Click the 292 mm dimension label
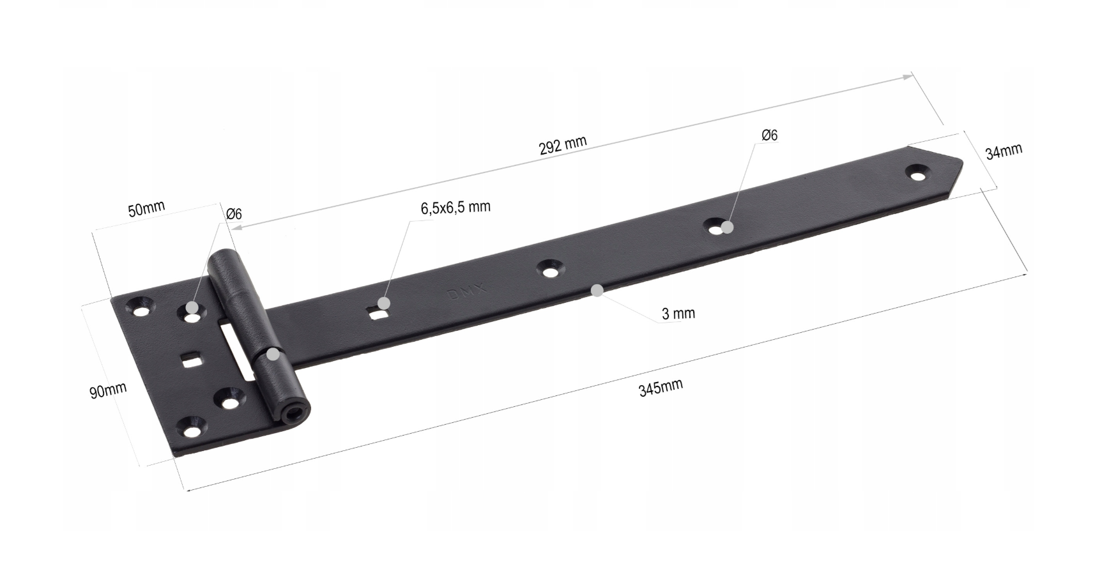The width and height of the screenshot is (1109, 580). tap(562, 146)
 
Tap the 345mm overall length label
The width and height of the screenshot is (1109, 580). tap(661, 387)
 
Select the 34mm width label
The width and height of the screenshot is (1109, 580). tap(1004, 151)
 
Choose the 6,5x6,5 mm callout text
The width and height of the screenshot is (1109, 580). tap(455, 208)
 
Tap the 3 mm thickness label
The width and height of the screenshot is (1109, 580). tap(678, 314)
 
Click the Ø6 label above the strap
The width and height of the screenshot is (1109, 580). tap(770, 135)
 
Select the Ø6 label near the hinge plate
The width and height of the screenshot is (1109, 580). tap(234, 214)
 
